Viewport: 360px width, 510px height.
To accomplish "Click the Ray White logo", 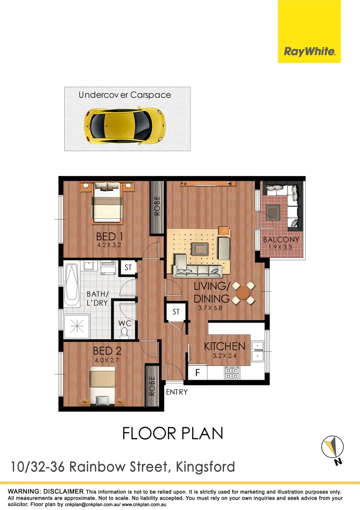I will tap(309, 51).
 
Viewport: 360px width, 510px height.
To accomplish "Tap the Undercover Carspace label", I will tap(125, 95).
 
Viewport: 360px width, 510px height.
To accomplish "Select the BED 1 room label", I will tap(109, 237).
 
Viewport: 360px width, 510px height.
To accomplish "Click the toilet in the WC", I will tap(125, 333).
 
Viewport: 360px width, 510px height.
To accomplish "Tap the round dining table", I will tap(243, 293).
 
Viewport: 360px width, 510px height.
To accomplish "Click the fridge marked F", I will tap(198, 373).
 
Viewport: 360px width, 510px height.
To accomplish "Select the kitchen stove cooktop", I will tap(232, 373).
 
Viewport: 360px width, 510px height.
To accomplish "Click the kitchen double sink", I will tap(257, 351).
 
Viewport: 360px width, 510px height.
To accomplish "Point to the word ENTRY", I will tap(177, 392).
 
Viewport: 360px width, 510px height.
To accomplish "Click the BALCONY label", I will tap(281, 240).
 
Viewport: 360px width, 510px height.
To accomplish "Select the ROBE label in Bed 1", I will tap(157, 206).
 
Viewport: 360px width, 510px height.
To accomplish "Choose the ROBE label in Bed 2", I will tap(151, 386).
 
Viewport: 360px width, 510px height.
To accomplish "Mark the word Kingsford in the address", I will tap(205, 467).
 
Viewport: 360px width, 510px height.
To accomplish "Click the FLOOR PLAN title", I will tap(172, 433).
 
